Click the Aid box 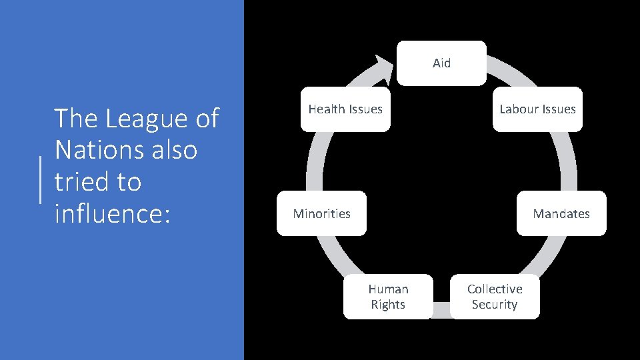[441, 63]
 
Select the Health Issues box [345, 109]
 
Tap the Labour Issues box [537, 109]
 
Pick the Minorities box [321, 213]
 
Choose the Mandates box [561, 213]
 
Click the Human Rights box [388, 297]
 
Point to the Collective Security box [495, 297]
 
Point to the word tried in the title [79, 181]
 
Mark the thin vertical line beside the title [42, 180]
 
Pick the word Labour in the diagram [519, 109]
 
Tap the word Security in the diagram [495, 305]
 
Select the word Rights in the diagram [388, 305]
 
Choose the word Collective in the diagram [495, 289]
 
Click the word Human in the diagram [388, 289]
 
